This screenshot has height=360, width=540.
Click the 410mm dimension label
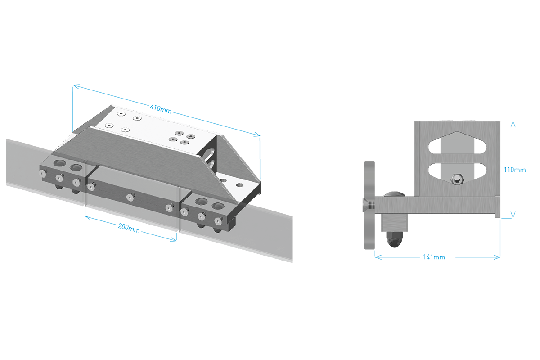tap(161, 109)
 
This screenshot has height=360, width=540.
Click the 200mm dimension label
tap(129, 228)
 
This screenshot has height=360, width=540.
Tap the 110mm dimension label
tap(515, 170)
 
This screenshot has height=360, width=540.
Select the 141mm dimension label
tap(434, 257)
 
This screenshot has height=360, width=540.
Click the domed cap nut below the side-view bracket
tap(394, 239)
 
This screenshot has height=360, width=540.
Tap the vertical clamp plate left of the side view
tap(369, 205)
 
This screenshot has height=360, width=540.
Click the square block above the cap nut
tap(394, 223)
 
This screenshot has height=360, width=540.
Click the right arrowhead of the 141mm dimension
tap(497, 257)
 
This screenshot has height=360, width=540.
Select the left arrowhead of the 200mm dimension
tap(89, 218)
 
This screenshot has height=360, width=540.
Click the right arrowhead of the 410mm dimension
tap(257, 135)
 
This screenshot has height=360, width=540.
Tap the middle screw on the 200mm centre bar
tap(130, 197)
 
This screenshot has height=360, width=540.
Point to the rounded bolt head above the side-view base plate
tap(394, 194)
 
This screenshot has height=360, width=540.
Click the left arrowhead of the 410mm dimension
tap(76, 86)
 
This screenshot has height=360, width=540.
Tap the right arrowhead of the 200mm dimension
tap(173, 239)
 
